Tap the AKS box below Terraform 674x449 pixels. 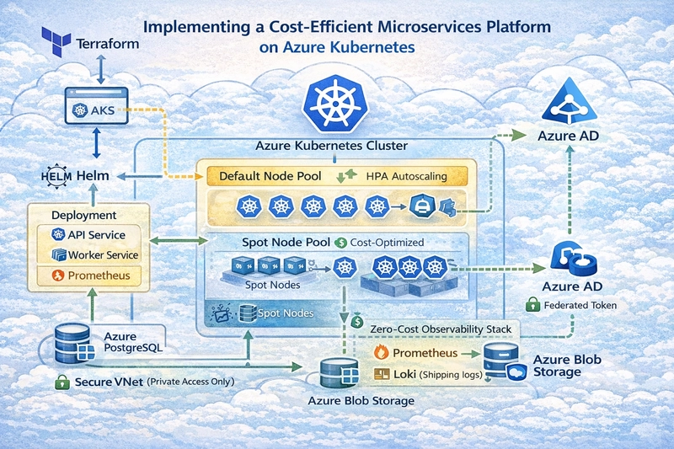pyautogui.click(x=94, y=110)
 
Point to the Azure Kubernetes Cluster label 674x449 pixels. pyautogui.click(x=331, y=146)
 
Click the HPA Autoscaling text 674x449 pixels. pyautogui.click(x=407, y=177)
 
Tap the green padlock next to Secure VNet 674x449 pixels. pyautogui.click(x=60, y=382)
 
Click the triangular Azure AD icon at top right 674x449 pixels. pyautogui.click(x=570, y=104)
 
